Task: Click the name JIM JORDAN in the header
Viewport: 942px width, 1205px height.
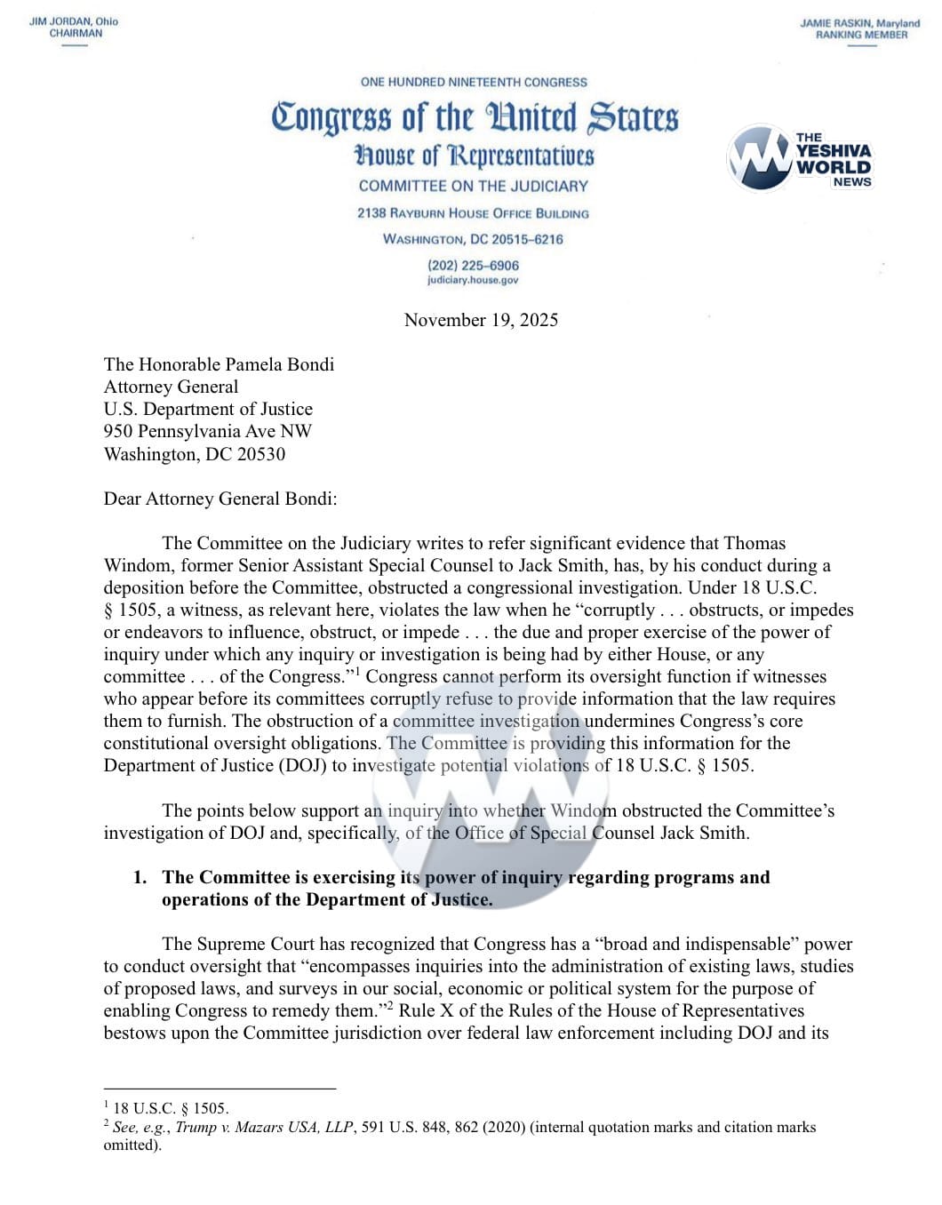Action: [x=59, y=21]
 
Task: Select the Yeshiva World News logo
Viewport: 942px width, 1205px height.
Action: [x=800, y=158]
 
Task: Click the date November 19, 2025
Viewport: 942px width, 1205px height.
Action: [x=481, y=320]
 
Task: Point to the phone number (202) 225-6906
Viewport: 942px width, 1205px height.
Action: [x=473, y=265]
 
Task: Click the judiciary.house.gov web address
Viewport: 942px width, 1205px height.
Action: [x=473, y=280]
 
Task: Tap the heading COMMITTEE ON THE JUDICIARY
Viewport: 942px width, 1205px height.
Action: [x=474, y=186]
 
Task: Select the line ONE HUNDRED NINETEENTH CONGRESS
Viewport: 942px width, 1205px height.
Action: [x=474, y=82]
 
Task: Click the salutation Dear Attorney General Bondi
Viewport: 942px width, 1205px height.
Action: [x=220, y=499]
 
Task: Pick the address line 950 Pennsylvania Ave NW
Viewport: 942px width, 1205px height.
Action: [x=208, y=431]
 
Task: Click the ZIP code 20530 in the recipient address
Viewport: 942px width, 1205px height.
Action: [x=261, y=454]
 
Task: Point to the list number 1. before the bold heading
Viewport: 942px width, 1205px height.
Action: [x=140, y=877]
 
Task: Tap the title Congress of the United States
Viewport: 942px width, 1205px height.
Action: [x=475, y=118]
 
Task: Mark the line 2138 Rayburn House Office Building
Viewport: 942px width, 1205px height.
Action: [x=473, y=213]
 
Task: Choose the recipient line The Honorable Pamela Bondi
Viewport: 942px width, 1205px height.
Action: [x=219, y=364]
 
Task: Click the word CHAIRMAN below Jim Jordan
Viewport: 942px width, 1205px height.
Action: [x=76, y=33]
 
